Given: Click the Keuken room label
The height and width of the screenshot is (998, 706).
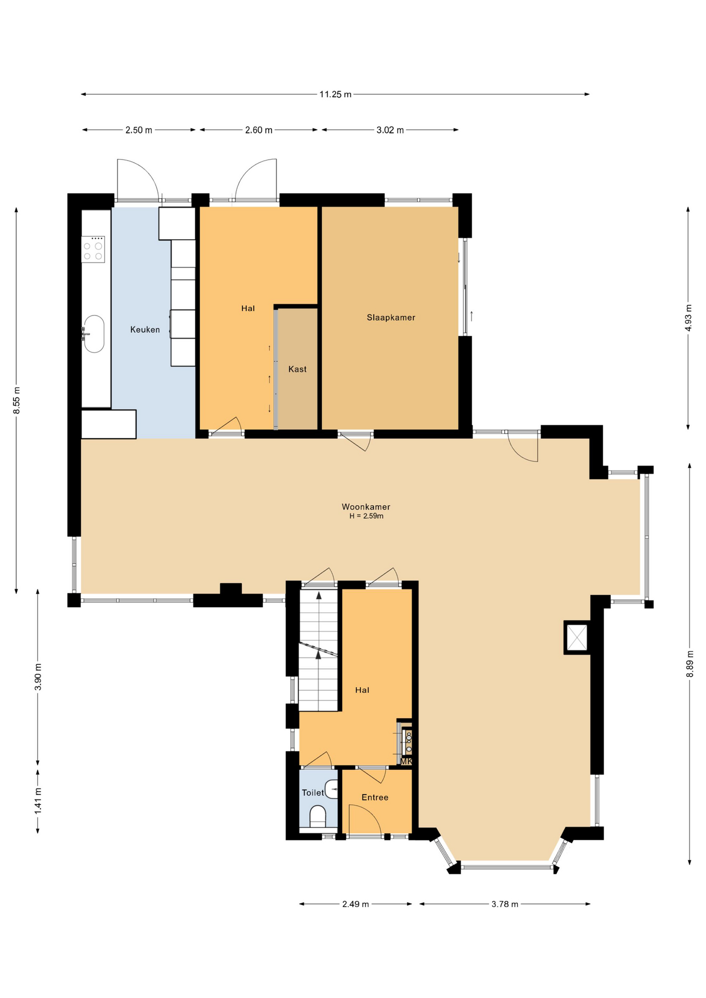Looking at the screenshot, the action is (x=145, y=330).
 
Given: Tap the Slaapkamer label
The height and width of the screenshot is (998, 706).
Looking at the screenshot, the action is (x=391, y=318).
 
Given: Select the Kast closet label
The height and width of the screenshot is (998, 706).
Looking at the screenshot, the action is (x=297, y=369).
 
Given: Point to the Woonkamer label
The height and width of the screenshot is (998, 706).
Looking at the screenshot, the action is (x=366, y=507).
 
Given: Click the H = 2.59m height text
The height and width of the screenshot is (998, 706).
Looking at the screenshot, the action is (x=367, y=516).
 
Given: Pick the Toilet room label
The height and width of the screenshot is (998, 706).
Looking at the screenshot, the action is (x=313, y=793).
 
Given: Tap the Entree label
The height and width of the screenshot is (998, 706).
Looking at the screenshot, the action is (x=375, y=797).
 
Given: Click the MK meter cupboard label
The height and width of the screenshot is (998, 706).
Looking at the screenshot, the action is (x=406, y=761).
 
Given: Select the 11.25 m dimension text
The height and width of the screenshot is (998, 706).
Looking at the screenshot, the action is (x=335, y=95).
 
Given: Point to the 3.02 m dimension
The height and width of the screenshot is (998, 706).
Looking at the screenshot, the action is (x=390, y=130).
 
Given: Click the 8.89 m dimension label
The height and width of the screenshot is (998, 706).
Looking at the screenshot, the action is (x=690, y=664).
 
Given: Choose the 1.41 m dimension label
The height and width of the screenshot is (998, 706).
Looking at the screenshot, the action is (x=37, y=801).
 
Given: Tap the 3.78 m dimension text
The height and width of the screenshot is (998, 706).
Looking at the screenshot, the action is (x=505, y=904).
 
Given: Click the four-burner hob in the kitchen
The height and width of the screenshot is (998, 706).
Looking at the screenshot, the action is (x=93, y=249).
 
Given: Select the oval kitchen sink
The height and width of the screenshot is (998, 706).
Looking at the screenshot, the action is (x=94, y=334).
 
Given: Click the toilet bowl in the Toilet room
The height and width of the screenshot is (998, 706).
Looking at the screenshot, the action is (x=318, y=816).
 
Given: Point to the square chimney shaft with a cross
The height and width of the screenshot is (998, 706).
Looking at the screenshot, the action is (x=577, y=637).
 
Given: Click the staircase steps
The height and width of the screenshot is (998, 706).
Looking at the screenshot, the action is (x=318, y=650).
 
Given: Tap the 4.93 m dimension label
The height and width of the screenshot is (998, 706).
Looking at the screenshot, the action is (x=688, y=318).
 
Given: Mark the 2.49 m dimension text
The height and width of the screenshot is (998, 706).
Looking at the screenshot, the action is (x=356, y=904).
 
